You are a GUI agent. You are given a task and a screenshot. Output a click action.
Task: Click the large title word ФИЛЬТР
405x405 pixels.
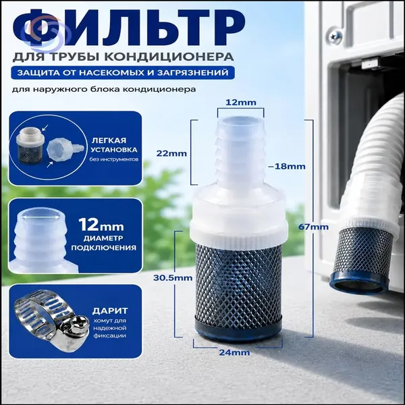click(128, 28)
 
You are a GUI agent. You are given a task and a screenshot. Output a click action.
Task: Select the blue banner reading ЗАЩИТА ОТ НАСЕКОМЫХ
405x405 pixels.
click(123, 73)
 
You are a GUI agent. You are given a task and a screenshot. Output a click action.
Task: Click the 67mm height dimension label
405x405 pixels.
click(313, 227)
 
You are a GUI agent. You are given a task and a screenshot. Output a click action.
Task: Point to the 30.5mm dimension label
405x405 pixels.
click(173, 278)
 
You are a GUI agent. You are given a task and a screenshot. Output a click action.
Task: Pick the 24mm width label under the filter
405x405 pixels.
click(234, 352)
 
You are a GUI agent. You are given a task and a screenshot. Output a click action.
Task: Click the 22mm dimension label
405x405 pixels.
click(171, 153)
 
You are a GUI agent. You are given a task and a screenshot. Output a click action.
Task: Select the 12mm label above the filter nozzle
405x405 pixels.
click(241, 103)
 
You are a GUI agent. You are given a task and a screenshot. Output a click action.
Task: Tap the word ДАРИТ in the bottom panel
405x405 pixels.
click(110, 310)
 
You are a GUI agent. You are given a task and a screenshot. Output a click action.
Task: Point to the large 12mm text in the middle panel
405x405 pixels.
click(101, 225)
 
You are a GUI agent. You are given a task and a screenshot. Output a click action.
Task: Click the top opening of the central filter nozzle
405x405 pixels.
click(240, 120)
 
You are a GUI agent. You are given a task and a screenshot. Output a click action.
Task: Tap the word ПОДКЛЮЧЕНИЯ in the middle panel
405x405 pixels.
click(103, 248)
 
